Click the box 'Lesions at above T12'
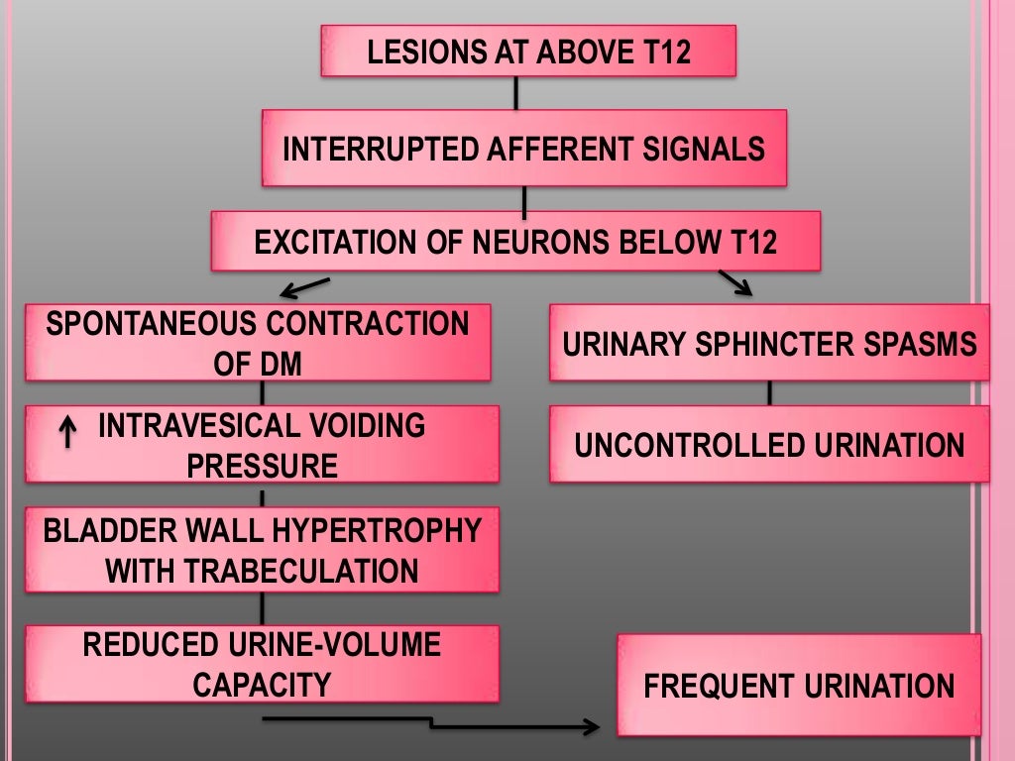point(528,52)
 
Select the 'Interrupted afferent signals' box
point(523,149)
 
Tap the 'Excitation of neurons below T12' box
point(515,242)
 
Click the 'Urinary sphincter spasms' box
point(769,343)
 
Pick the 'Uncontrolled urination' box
point(769,445)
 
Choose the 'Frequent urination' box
point(799,686)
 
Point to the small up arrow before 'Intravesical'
point(67,432)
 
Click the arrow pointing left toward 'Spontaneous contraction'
point(303,287)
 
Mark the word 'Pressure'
point(262,467)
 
